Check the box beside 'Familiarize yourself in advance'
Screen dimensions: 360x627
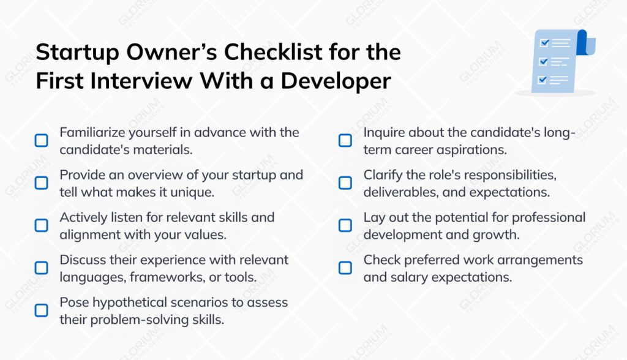click(x=41, y=140)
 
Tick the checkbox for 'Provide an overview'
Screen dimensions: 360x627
click(x=41, y=182)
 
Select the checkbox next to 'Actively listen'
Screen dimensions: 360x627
click(x=41, y=225)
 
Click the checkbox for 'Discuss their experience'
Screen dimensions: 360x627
click(x=41, y=268)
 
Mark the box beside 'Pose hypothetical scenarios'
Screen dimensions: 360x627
click(x=41, y=310)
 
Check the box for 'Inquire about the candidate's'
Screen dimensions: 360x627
click(x=345, y=140)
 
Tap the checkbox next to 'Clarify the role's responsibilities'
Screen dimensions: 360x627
click(x=345, y=182)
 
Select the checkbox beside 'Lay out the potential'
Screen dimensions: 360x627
click(x=345, y=225)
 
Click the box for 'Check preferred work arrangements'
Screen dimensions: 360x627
click(x=345, y=268)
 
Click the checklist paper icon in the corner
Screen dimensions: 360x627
click(x=558, y=61)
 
